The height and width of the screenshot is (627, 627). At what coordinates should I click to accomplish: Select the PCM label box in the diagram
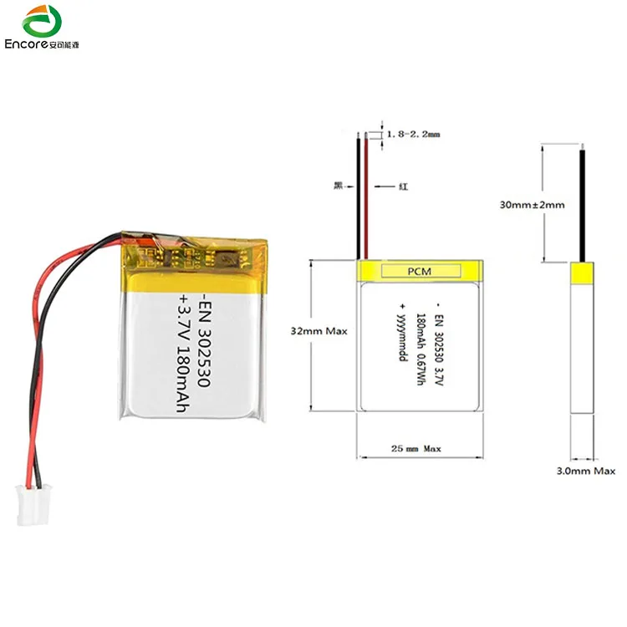420,270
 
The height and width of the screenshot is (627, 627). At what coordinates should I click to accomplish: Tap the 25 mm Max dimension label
416,449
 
